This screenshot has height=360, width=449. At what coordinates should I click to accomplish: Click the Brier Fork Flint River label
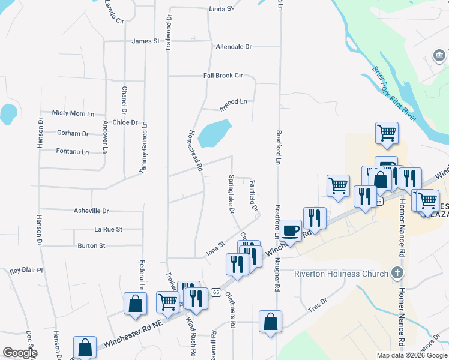tap(393, 94)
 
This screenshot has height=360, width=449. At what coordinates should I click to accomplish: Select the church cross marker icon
tap(396, 274)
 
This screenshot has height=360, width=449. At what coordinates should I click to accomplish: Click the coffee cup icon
tap(291, 230)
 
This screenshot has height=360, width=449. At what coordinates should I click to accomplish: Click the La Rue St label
tap(109, 229)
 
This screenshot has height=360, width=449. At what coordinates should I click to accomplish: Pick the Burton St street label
tap(91, 245)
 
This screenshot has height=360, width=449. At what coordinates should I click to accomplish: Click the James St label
tap(146, 41)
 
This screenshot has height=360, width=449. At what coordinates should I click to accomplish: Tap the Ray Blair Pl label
tap(26, 271)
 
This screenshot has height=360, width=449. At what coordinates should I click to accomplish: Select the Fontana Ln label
tap(72, 151)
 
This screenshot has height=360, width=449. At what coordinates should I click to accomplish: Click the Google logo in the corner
tap(20, 352)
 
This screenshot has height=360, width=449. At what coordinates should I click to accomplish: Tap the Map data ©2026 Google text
tap(411, 355)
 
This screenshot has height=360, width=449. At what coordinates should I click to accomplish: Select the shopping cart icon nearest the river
tap(387, 133)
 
